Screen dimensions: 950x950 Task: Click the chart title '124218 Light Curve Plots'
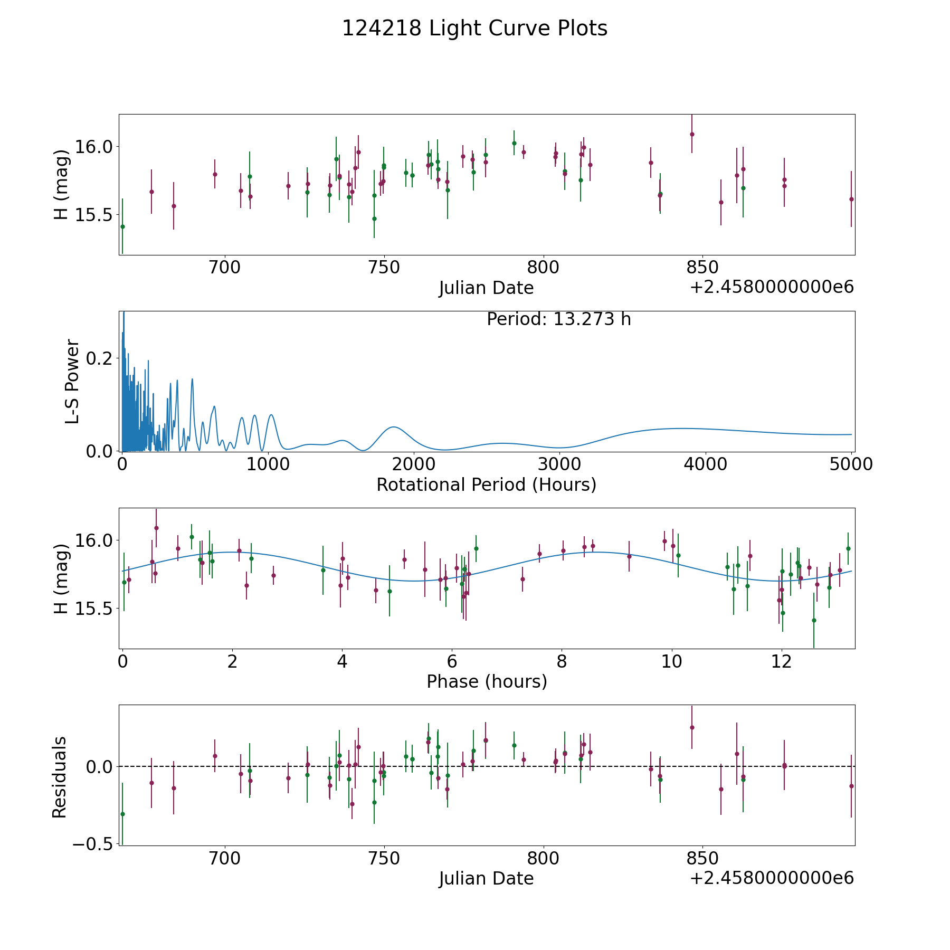tap(474, 28)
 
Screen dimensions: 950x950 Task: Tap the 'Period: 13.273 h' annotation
tap(558, 319)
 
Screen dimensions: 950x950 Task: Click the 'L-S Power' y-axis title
tap(72, 381)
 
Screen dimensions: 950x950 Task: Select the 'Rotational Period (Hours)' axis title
tap(486, 484)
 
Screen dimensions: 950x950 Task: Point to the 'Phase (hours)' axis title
tap(486, 681)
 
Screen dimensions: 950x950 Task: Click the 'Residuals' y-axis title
tap(60, 777)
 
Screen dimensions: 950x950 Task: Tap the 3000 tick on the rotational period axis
tap(559, 464)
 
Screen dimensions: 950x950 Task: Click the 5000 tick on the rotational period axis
tap(851, 464)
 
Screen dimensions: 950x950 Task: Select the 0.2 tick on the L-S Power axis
tap(100, 358)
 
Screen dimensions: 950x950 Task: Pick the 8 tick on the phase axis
tap(562, 661)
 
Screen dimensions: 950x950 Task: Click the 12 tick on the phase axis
tap(781, 661)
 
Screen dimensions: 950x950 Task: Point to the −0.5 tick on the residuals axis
tap(92, 844)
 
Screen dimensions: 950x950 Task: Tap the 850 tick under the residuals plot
tap(702, 858)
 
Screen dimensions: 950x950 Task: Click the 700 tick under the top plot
tap(225, 267)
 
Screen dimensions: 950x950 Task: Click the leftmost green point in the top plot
tap(122, 226)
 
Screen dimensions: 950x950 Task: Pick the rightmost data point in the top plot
tap(851, 199)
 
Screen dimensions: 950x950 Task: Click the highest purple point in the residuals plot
tap(692, 727)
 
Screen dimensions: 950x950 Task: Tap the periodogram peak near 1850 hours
tap(394, 426)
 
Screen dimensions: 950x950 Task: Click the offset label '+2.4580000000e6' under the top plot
tap(772, 287)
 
